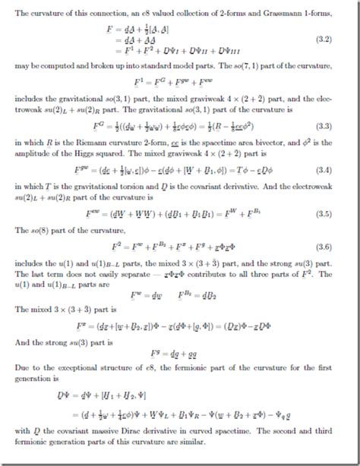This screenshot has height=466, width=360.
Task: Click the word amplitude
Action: tap(33, 150)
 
